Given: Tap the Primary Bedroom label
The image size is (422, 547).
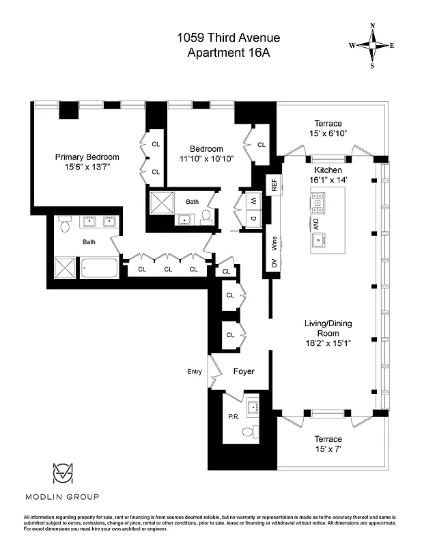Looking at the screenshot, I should [87, 157].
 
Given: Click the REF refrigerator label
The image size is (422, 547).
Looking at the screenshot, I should [274, 185].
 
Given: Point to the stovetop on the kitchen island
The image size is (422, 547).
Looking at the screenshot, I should [318, 200].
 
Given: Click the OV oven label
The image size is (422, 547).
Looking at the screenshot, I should [274, 263].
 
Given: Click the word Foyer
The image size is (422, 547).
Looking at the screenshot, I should [244, 372].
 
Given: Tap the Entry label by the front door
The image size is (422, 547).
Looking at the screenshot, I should [195, 372].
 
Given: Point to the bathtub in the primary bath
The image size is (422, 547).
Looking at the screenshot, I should [100, 268].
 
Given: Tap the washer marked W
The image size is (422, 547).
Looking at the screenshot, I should [253, 201].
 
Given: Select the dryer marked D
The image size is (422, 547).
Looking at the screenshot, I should [253, 219].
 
